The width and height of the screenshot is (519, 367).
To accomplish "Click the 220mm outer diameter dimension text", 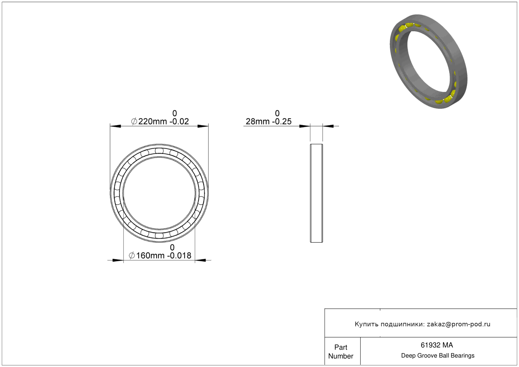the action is tap(152, 121).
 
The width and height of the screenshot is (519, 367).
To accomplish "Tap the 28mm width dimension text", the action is tap(257, 121).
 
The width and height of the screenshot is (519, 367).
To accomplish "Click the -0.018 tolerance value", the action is tap(180, 256).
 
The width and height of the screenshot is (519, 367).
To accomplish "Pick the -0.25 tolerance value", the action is tap(282, 121).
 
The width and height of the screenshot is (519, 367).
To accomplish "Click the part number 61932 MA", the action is tap(437, 345).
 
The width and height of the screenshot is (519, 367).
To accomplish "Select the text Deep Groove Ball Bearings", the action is tap(438, 355).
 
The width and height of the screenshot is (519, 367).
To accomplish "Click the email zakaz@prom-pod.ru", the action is tap(458, 324).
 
